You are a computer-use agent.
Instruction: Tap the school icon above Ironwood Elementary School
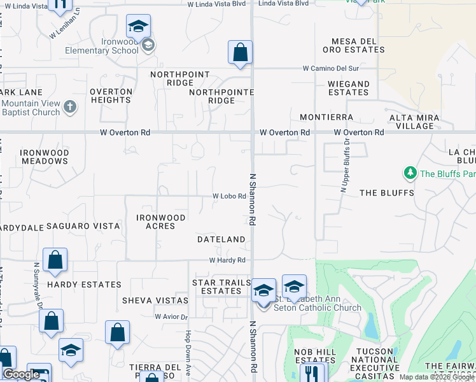point(138,27)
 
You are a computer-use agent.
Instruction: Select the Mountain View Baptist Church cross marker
point(70,106)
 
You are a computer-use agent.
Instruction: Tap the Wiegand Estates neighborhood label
point(349,88)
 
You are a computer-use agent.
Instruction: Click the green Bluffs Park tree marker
point(410,173)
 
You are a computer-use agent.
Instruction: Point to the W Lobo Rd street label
point(229,197)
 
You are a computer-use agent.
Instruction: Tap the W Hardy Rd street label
point(227,260)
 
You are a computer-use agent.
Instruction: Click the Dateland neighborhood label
point(221,239)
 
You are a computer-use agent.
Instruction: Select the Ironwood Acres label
point(161,222)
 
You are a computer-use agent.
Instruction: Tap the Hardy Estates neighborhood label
point(84,285)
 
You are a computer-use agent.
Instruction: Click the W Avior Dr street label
point(172,316)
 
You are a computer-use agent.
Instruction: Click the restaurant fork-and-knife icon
point(312,372)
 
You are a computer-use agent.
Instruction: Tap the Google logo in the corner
point(21,374)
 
